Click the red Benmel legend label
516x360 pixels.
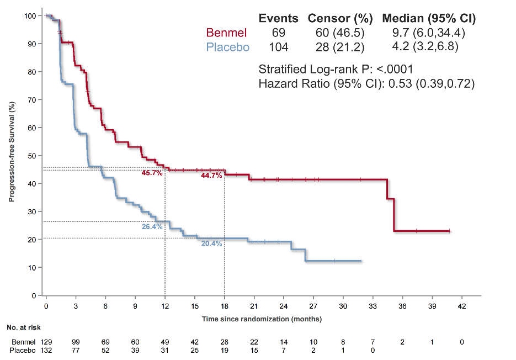click(226, 33)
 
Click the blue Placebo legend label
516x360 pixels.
click(227, 47)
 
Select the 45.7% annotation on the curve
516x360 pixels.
click(152, 173)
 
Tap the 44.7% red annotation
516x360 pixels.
click(211, 176)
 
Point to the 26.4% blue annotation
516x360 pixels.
click(152, 226)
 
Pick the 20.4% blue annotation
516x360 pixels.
click(211, 243)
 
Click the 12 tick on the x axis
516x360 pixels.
click(165, 305)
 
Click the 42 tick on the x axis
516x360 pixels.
click(462, 305)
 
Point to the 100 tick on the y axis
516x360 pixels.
click(31, 16)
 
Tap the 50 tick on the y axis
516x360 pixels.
click(33, 156)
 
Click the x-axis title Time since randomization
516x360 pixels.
click(262, 319)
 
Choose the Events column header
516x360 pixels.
click(279, 18)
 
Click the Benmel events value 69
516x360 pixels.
click(279, 33)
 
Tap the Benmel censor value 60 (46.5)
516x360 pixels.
click(340, 33)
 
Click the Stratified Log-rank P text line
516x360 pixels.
click(336, 70)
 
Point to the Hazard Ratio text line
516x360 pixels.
click(366, 84)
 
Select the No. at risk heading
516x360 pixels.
click(24, 328)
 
